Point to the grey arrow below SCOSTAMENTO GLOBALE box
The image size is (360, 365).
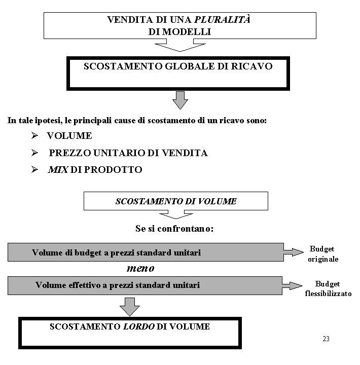pyautogui.click(x=179, y=100)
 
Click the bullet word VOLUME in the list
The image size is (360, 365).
pyautogui.click(x=69, y=136)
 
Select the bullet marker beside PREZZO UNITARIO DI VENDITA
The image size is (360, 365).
pyautogui.click(x=34, y=153)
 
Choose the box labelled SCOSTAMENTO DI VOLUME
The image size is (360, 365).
pyautogui.click(x=176, y=201)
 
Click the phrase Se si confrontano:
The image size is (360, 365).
pyautogui.click(x=174, y=229)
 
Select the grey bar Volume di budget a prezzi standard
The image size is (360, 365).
pyautogui.click(x=145, y=252)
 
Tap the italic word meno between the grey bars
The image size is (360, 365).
pyautogui.click(x=140, y=267)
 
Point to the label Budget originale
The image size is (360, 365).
pyautogui.click(x=323, y=253)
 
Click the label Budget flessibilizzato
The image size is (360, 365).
pyautogui.click(x=328, y=289)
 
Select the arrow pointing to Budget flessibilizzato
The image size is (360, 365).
pyautogui.click(x=293, y=285)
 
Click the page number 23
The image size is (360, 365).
pyautogui.click(x=326, y=339)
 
